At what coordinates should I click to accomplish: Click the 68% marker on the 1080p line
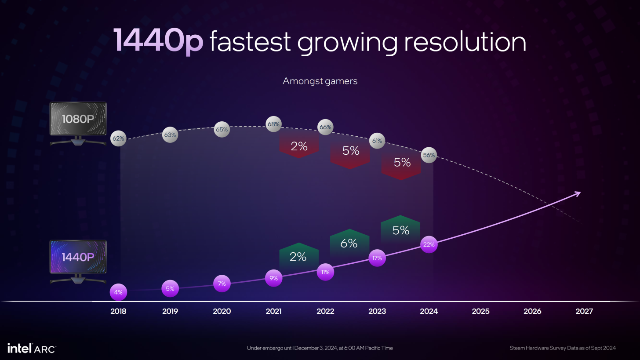click(x=273, y=124)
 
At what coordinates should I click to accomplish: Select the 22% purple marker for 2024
click(x=429, y=244)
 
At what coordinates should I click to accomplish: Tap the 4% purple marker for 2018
click(x=118, y=292)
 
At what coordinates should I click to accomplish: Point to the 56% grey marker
click(x=429, y=155)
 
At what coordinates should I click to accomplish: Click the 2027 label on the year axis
click(x=584, y=311)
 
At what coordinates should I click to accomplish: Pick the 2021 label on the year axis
click(x=273, y=311)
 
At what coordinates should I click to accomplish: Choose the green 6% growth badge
click(x=349, y=243)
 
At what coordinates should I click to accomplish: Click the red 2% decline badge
click(x=299, y=146)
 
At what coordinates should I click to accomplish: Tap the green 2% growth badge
click(x=298, y=257)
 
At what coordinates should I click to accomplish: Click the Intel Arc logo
click(x=32, y=349)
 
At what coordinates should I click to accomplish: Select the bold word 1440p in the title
click(x=158, y=40)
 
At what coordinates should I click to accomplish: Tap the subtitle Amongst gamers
click(x=320, y=81)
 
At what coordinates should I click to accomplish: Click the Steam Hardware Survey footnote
click(x=563, y=348)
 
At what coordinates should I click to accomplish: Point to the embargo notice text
click(x=320, y=348)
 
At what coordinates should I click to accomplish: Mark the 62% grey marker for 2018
click(x=118, y=138)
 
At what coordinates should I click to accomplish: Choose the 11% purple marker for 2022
click(x=325, y=272)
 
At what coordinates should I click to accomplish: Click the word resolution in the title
click(x=465, y=42)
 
